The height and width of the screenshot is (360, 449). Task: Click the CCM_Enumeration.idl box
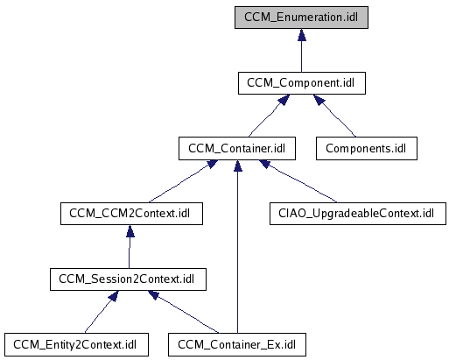tap(301, 18)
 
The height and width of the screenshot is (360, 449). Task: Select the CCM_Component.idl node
tap(302, 83)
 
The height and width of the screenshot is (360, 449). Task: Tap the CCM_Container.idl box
tap(237, 149)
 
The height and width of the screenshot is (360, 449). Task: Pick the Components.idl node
tap(367, 149)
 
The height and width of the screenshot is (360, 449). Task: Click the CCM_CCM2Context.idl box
tap(131, 214)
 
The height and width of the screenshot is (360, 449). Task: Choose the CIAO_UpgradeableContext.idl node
tap(358, 214)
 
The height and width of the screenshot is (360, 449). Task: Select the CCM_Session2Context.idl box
tap(128, 279)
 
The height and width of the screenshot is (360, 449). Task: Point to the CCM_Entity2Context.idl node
tap(76, 345)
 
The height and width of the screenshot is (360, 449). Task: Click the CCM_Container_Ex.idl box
tap(237, 345)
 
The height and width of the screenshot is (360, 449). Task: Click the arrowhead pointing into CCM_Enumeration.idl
tap(302, 35)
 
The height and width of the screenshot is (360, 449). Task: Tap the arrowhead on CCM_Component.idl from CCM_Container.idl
tap(284, 100)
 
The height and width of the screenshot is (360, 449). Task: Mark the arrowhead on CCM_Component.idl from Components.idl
tap(319, 100)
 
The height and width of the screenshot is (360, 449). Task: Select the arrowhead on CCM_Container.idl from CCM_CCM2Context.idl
tap(213, 164)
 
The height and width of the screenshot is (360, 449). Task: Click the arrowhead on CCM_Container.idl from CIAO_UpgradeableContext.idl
tap(265, 164)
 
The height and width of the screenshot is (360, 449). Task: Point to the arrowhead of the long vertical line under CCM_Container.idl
tap(238, 166)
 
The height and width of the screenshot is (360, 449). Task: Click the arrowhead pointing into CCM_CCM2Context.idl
tap(130, 230)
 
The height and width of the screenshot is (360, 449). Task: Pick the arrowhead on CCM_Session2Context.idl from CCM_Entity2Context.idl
tap(113, 296)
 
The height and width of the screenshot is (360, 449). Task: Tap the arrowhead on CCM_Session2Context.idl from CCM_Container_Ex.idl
tap(153, 295)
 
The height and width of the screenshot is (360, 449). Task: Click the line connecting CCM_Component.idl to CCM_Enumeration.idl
tap(302, 56)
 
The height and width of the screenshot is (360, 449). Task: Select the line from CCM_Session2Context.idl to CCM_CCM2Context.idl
tap(130, 252)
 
